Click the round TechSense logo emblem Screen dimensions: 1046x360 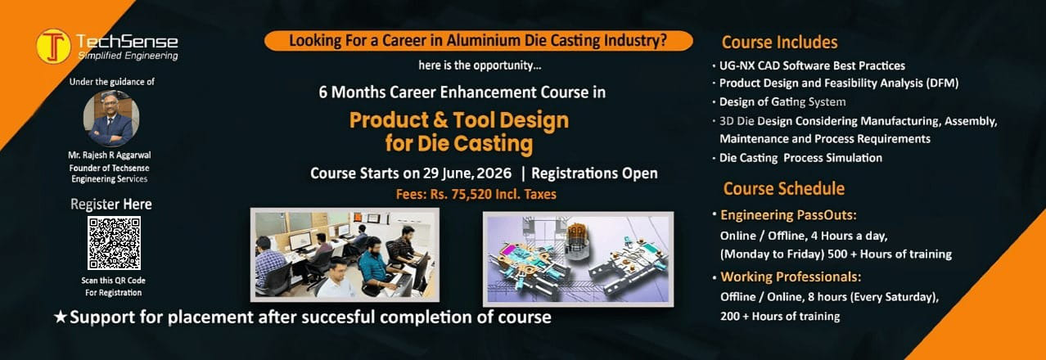point(54,46)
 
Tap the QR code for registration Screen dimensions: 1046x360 point(114,243)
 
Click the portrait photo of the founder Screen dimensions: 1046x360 point(111,119)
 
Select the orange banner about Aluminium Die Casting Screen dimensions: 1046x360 point(478,41)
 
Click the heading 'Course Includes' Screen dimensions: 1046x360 point(779,42)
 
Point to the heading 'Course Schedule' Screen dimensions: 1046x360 point(783,189)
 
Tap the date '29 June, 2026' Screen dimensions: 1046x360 point(467,173)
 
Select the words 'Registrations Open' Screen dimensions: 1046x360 point(594,173)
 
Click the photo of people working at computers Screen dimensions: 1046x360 point(345,254)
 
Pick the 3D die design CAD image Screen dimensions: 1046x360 point(578,259)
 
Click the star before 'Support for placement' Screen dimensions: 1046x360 point(61,317)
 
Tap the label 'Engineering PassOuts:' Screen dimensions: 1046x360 point(788,215)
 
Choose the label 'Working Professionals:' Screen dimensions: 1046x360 point(791,277)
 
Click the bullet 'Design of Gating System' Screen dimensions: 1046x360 point(782,101)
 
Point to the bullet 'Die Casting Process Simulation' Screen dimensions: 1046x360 point(800,158)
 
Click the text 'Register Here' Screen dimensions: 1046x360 point(111,205)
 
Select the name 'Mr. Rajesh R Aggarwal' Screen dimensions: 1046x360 point(110,155)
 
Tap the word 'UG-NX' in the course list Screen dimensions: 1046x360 point(737,65)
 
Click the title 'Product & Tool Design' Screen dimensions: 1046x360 point(459,120)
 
